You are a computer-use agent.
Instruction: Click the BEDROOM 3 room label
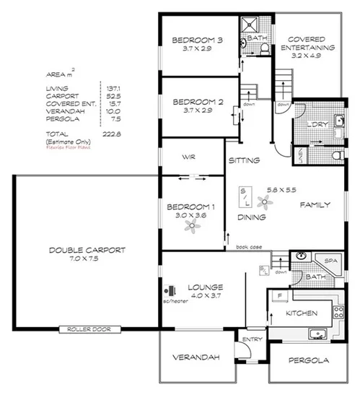[x=197, y=40]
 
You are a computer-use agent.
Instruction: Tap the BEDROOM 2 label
[x=197, y=102]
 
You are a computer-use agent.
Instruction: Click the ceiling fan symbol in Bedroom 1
[x=191, y=226]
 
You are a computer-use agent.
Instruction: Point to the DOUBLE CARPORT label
[x=87, y=250]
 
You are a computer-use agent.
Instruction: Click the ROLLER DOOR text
[x=87, y=329]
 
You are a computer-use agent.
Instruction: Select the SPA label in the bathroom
[x=332, y=260]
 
